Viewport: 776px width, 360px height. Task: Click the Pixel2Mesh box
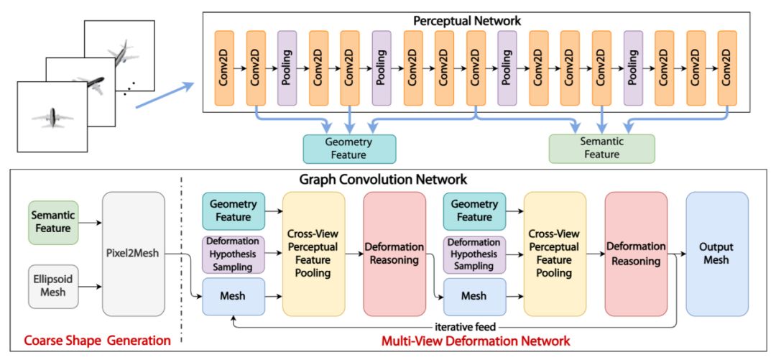click(134, 254)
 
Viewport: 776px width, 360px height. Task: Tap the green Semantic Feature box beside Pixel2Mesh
click(53, 222)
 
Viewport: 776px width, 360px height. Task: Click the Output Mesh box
click(716, 254)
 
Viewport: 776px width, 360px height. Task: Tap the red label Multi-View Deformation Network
click(476, 341)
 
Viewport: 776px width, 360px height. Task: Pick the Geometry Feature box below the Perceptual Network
click(349, 149)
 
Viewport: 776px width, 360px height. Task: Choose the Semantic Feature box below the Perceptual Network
click(602, 149)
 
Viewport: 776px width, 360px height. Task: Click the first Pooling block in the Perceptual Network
click(287, 68)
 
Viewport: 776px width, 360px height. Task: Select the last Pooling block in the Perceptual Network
click(633, 68)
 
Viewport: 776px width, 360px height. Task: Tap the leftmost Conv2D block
click(224, 68)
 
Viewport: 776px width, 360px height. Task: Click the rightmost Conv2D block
click(727, 68)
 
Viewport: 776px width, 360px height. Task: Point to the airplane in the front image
click(52, 118)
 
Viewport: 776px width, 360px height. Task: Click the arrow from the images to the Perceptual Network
click(164, 95)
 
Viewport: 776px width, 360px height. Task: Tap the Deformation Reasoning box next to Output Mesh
click(636, 254)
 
